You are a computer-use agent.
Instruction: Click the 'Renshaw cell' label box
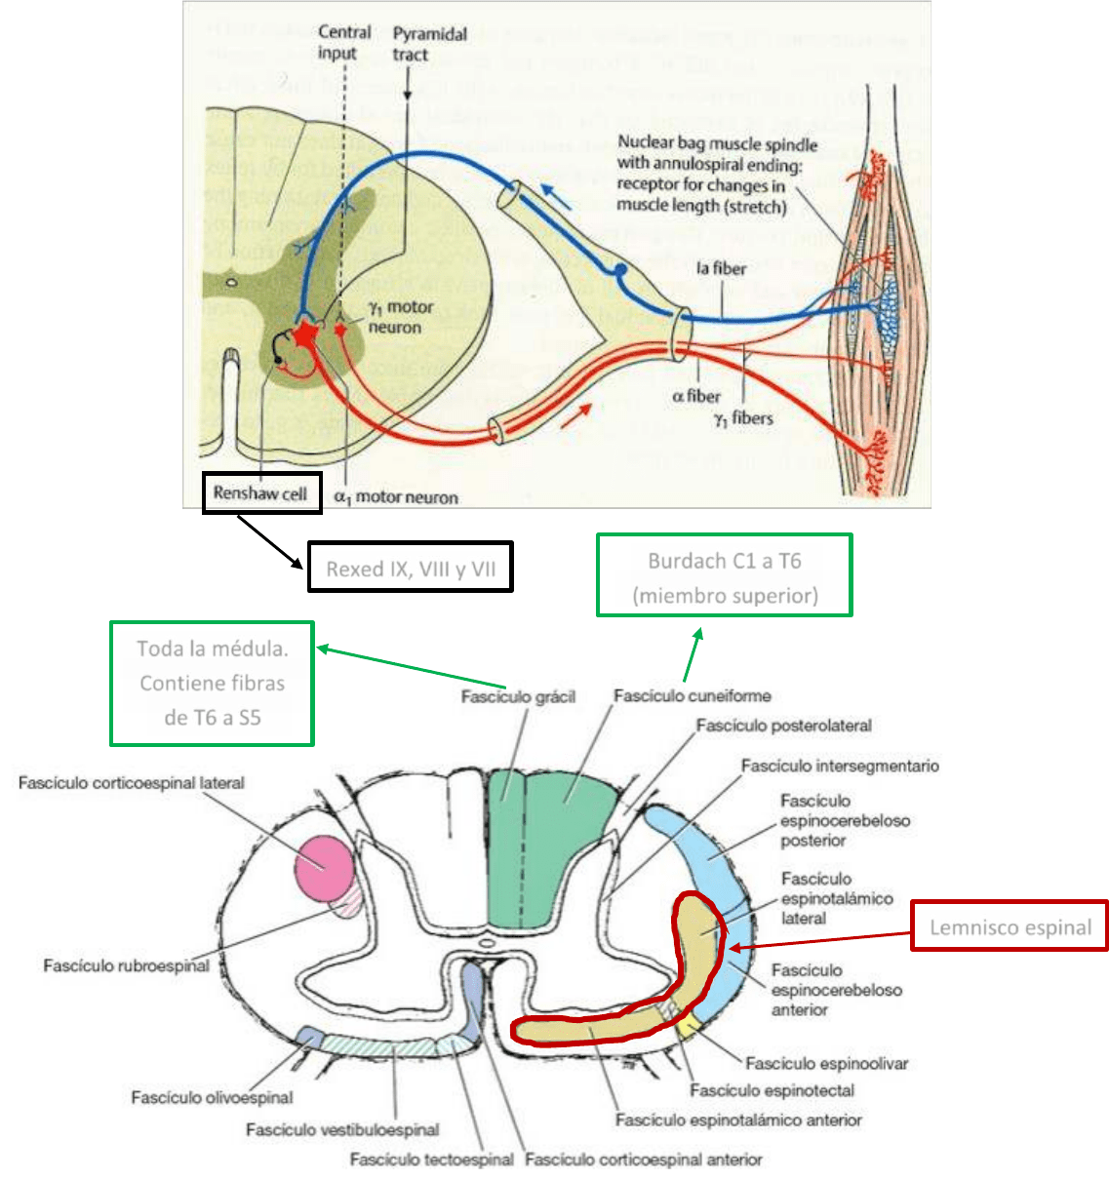(261, 493)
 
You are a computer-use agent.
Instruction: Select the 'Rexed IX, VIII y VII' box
(411, 569)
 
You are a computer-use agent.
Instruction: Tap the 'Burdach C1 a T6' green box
(725, 576)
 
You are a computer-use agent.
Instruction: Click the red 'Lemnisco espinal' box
(1010, 926)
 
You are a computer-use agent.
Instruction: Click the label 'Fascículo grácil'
(518, 696)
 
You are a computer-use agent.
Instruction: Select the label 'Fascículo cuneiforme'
(692, 695)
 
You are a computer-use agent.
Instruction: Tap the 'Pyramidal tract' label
(429, 44)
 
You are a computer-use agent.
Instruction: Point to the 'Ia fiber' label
(721, 268)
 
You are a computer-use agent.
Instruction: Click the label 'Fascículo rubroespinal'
(126, 965)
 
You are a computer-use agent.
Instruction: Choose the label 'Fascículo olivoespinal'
(212, 1097)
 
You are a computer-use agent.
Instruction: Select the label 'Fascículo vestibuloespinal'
(341, 1129)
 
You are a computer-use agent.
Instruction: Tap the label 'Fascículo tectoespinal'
(431, 1160)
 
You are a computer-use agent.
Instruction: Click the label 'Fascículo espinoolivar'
(826, 1063)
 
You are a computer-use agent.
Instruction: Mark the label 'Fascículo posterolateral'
(783, 726)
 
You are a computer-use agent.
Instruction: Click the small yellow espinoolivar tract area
(688, 1024)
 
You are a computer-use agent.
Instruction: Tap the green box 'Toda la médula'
(212, 684)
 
